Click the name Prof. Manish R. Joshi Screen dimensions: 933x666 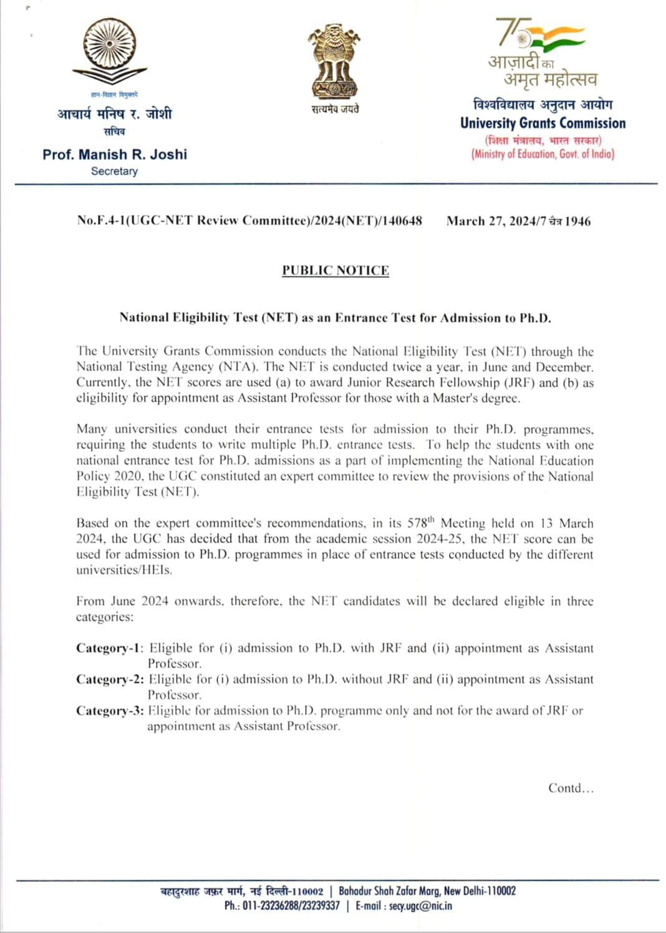point(115,154)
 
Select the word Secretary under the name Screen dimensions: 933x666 point(114,171)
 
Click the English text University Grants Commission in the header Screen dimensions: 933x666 point(543,123)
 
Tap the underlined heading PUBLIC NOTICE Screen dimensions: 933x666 point(335,270)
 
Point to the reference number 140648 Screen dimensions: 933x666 point(402,220)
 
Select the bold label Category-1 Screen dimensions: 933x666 point(109,648)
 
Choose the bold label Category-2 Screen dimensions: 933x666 point(109,679)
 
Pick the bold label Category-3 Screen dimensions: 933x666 point(109,710)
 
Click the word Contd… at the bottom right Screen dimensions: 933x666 point(571,788)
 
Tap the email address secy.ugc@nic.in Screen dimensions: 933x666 point(420,906)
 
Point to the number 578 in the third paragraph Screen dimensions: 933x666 point(417,523)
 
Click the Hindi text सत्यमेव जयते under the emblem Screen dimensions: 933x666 point(335,109)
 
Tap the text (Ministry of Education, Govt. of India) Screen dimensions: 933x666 point(543,154)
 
